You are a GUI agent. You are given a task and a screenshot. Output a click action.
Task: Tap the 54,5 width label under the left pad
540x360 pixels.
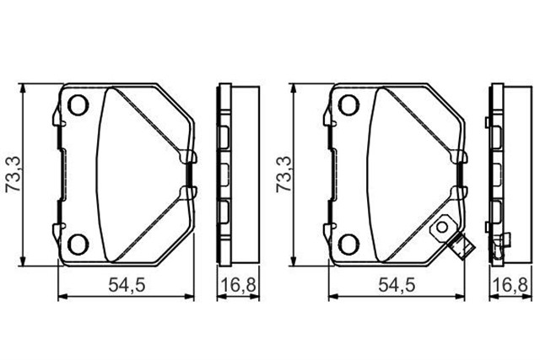[x=124, y=286]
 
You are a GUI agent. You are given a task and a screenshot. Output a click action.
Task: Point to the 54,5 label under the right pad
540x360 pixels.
[x=395, y=286]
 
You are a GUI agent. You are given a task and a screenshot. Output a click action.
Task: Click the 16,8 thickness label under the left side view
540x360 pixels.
[x=237, y=286]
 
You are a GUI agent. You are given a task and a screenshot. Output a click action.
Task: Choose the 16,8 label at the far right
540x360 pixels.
[x=510, y=286]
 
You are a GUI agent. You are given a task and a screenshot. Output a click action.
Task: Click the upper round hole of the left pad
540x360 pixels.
[x=78, y=106]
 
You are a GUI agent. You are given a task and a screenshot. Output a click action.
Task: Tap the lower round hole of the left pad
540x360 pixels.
[x=78, y=244]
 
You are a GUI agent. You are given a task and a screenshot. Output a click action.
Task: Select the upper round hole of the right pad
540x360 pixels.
[x=348, y=106]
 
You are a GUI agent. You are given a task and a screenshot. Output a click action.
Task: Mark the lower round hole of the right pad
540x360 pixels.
[x=348, y=244]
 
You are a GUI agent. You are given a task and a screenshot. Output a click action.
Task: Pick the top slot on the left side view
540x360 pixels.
[x=224, y=135]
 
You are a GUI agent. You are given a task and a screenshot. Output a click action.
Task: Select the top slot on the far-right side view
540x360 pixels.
[x=496, y=135]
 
